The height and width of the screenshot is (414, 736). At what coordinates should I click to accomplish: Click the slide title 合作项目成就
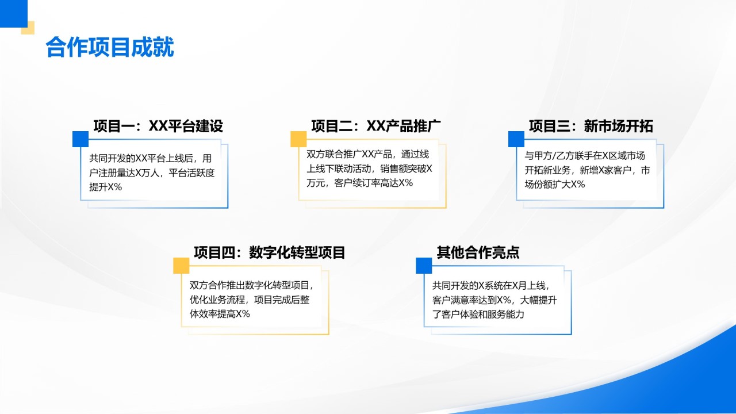[x=109, y=48]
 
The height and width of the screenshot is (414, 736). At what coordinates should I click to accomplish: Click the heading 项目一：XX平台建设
[x=158, y=126]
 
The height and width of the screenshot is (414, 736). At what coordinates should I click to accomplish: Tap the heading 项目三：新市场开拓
[x=591, y=126]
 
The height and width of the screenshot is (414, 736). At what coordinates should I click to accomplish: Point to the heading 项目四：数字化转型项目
[x=269, y=252]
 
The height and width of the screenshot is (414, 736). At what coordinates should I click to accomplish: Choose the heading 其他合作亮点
[x=478, y=252]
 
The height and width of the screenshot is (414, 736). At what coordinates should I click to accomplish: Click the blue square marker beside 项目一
[x=80, y=139]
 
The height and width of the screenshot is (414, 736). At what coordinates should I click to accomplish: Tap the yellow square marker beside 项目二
[x=298, y=139]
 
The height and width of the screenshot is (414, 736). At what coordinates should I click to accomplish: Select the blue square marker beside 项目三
[x=516, y=139]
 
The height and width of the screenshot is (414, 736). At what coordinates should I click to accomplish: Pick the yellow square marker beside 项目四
[x=181, y=265]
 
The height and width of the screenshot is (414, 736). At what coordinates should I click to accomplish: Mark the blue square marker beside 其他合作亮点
[x=424, y=265]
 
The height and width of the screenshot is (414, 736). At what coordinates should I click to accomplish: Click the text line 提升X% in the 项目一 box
[x=105, y=187]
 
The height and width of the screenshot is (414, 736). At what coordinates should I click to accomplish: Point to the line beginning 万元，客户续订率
[x=359, y=183]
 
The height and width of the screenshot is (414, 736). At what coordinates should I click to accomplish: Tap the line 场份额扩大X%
[x=554, y=185]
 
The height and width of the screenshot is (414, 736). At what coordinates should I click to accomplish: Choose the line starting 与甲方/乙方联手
[x=584, y=156]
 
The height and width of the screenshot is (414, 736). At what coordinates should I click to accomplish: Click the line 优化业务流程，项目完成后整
[x=250, y=300]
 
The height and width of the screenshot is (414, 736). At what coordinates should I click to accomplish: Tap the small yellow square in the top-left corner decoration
[x=28, y=28]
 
